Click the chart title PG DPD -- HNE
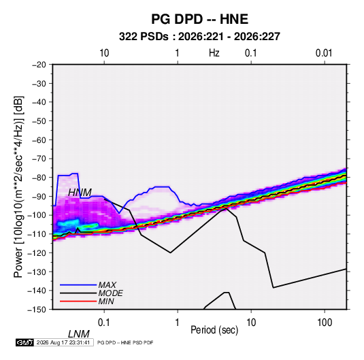[x=199, y=19]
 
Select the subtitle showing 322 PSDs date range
[x=199, y=37]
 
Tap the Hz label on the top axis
[x=214, y=53]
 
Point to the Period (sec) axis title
[x=214, y=330]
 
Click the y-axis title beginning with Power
[x=18, y=187]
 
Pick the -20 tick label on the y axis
[x=39, y=65]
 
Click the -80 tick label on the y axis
[x=39, y=178]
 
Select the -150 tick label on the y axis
[x=37, y=310]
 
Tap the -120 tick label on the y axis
[x=37, y=252]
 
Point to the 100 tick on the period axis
[x=325, y=323]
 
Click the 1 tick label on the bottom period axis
[x=178, y=323]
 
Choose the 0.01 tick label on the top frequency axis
[x=324, y=53]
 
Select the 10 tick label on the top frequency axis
[x=104, y=53]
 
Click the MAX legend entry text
[x=107, y=285]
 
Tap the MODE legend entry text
[x=110, y=293]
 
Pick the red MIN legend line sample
[x=78, y=301]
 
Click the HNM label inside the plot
[x=80, y=193]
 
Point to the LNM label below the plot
[x=79, y=334]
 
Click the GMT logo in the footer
[x=25, y=342]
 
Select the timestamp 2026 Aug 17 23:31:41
[x=63, y=342]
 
